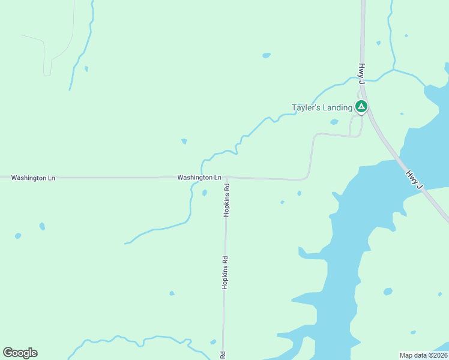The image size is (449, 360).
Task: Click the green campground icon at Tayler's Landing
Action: click(x=361, y=107)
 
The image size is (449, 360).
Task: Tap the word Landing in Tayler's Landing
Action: click(x=336, y=107)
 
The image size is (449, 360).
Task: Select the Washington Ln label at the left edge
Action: click(x=33, y=178)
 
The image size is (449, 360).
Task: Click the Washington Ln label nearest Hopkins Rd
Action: click(x=199, y=178)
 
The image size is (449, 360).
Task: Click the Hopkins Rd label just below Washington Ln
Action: click(x=226, y=199)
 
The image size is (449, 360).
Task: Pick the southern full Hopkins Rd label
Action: click(x=224, y=273)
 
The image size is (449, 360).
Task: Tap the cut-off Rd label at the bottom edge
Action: click(x=223, y=355)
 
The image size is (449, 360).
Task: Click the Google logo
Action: click(x=20, y=353)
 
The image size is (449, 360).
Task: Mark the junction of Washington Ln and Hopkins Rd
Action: click(x=226, y=178)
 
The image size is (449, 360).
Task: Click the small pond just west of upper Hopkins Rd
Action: click(x=205, y=193)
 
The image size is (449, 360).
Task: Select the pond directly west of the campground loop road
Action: click(x=334, y=122)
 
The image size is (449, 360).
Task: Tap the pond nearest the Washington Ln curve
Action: click(x=299, y=193)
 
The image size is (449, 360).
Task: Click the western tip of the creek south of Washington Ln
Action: click(x=125, y=243)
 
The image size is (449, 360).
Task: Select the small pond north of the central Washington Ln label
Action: click(x=184, y=142)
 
